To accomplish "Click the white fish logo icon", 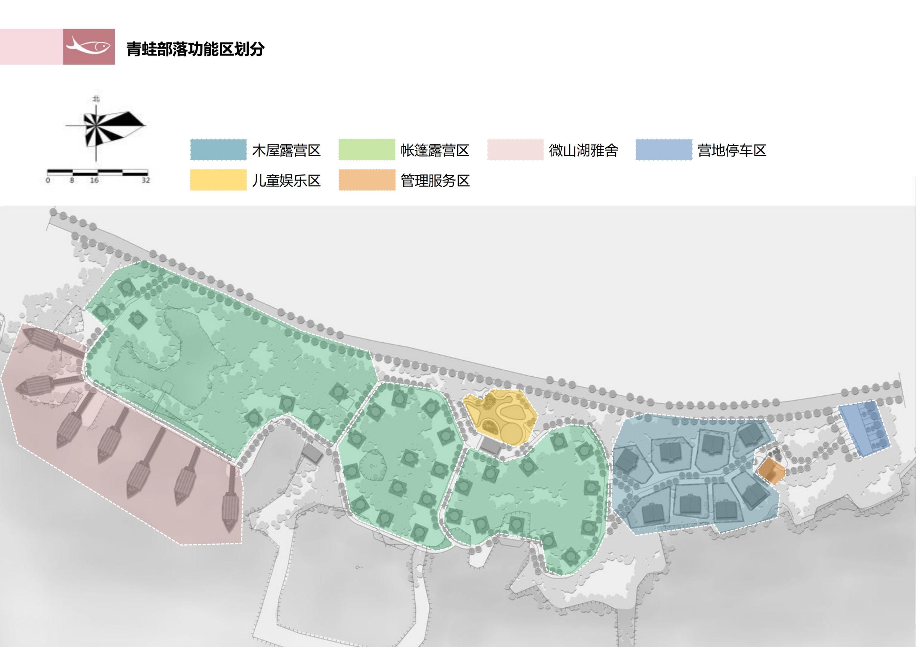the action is click(89, 46).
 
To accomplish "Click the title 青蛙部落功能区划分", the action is click(195, 49).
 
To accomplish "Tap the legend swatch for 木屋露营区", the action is click(218, 150).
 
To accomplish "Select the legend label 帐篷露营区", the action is click(435, 150).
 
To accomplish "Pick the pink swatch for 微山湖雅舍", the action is click(515, 150).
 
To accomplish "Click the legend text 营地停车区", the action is click(732, 150).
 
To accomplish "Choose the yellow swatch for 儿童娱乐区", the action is click(218, 180).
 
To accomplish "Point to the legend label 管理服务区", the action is click(435, 181).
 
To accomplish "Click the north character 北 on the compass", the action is click(96, 98).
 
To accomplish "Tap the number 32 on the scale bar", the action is click(146, 180).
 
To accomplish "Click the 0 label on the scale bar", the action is click(48, 180).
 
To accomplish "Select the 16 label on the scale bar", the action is click(94, 180).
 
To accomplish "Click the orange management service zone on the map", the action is click(771, 471).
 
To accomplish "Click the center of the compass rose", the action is click(96, 125).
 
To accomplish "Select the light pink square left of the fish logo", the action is click(31, 46).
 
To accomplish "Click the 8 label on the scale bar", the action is click(72, 180).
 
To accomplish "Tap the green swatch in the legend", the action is click(367, 150).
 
